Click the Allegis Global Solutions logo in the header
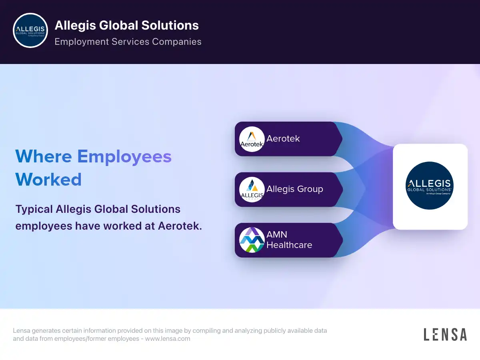point(31,30)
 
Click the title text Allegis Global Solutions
point(126,25)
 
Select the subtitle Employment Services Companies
point(128,42)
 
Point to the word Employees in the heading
point(124,156)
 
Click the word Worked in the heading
point(48,179)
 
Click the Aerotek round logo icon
point(252,139)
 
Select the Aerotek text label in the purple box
point(283,139)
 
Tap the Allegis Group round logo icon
point(252,189)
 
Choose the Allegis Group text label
point(295,189)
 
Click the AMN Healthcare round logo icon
point(252,240)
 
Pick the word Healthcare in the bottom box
point(289,245)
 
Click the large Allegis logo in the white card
point(430,186)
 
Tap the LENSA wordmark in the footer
point(445,334)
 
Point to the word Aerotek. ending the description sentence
point(180,226)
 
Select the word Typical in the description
point(34,209)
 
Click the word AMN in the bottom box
point(277,234)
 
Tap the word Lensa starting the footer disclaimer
point(22,331)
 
